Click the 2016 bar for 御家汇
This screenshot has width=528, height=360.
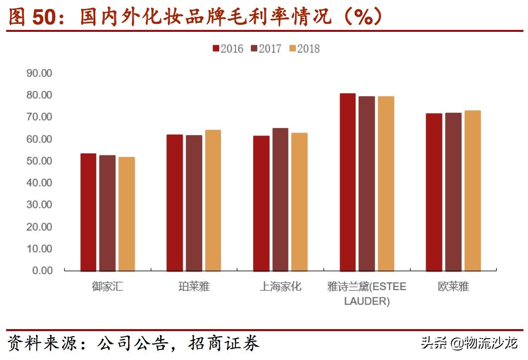[x=88, y=212]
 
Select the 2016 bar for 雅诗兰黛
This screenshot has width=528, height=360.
[x=348, y=182]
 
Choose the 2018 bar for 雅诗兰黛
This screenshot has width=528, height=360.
[x=386, y=183]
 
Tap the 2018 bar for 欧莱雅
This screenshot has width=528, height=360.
[x=472, y=190]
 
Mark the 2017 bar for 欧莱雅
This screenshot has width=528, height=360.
[x=453, y=192]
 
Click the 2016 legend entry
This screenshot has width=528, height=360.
[x=228, y=49]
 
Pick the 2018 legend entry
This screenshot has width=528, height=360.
[x=304, y=49]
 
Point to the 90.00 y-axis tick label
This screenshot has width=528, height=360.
[x=39, y=73]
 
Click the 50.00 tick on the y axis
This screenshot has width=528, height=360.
[x=39, y=161]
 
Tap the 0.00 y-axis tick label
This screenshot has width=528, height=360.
[x=42, y=271]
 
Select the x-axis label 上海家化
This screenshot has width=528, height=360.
[x=280, y=287]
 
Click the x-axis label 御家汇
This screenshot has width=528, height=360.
[x=107, y=287]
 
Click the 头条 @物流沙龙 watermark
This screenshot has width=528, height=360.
[x=469, y=343]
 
